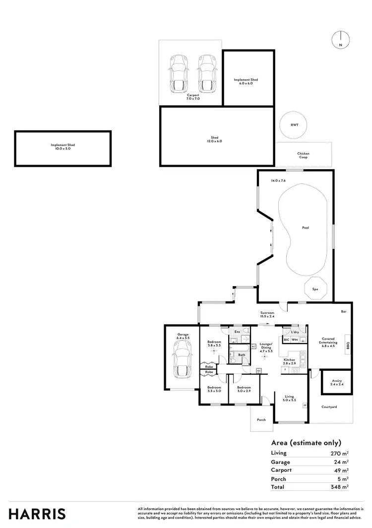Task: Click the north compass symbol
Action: [x=341, y=39]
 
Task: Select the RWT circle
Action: [x=295, y=126]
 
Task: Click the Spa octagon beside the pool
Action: [x=315, y=289]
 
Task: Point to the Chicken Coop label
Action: [x=303, y=155]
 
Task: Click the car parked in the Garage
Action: [x=182, y=360]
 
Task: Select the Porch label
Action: [x=261, y=420]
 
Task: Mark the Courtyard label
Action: [x=329, y=407]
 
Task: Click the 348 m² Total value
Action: [x=341, y=487]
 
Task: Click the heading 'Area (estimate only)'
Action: [x=306, y=443]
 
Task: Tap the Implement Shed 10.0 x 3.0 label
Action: [x=62, y=147]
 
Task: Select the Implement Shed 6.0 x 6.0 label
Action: [x=246, y=81]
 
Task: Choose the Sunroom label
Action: [x=268, y=314]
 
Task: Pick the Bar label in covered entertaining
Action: [x=343, y=312]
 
